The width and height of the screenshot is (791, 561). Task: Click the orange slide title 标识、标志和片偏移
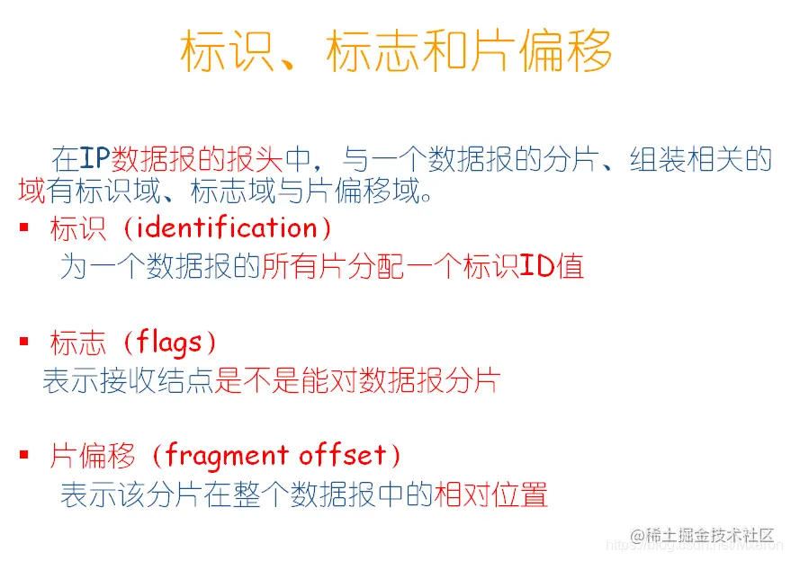(396, 51)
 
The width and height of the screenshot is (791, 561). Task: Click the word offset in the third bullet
(342, 456)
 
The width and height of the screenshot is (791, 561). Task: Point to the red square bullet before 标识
(24, 228)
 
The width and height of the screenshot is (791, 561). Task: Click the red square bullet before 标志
(24, 343)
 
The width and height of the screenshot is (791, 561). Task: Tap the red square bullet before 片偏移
(24, 456)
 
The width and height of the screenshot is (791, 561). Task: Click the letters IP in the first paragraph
(94, 159)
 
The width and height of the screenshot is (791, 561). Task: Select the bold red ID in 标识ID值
(537, 267)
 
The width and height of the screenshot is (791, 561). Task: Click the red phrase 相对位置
(490, 495)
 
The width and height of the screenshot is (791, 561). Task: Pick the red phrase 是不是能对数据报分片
(356, 381)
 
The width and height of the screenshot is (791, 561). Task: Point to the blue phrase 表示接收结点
(128, 381)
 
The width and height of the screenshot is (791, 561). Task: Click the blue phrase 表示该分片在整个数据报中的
(247, 495)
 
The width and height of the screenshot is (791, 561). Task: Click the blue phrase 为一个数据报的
(160, 267)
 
